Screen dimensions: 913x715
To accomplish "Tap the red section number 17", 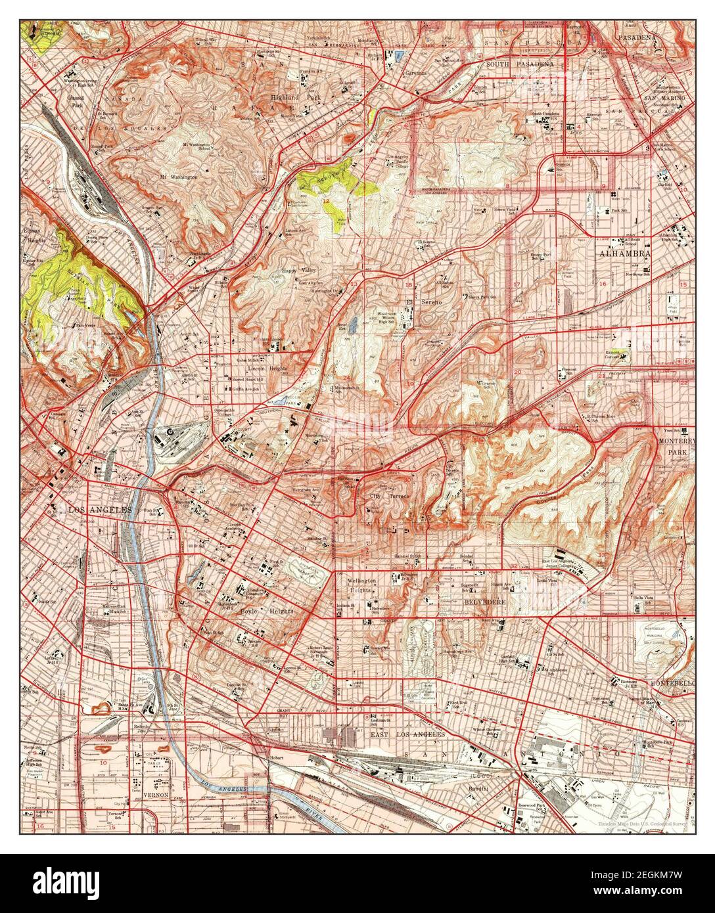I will [517, 284].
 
